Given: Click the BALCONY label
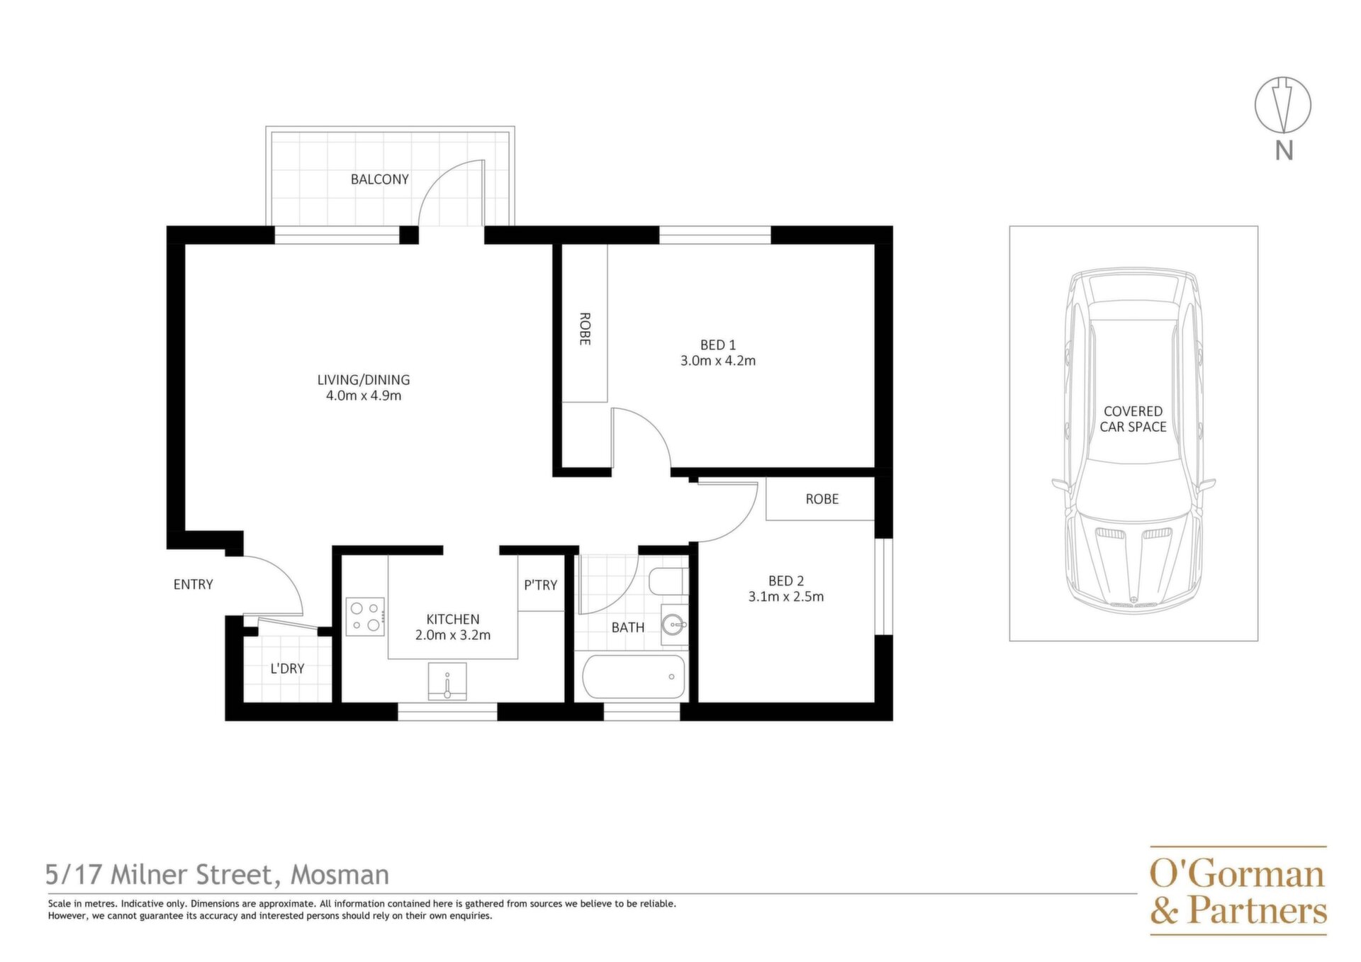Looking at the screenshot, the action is pos(380,179).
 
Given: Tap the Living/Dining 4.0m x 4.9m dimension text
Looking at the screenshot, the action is pos(364,396).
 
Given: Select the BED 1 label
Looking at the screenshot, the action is pos(718,345).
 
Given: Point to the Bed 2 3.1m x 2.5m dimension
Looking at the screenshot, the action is pos(786,597).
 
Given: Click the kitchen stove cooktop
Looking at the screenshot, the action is pos(366,616).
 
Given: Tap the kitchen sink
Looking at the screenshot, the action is pos(447,681).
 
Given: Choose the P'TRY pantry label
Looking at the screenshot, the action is pos(541,585).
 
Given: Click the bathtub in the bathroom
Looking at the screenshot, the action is pos(634,677).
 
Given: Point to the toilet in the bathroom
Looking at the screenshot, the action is pos(666,582).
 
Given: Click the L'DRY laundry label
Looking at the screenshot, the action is pos(288,669).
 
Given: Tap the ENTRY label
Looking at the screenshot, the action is pos(194,584).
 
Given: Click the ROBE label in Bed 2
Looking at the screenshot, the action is pos(822,499).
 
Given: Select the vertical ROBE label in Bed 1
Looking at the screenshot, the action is pos(585,329).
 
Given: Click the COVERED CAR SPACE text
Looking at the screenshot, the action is pos(1133,419).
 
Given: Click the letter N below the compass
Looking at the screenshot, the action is pos(1284,150).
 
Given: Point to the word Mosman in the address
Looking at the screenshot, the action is pos(340,875).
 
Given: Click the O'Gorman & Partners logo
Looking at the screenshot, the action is pos(1238,890).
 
